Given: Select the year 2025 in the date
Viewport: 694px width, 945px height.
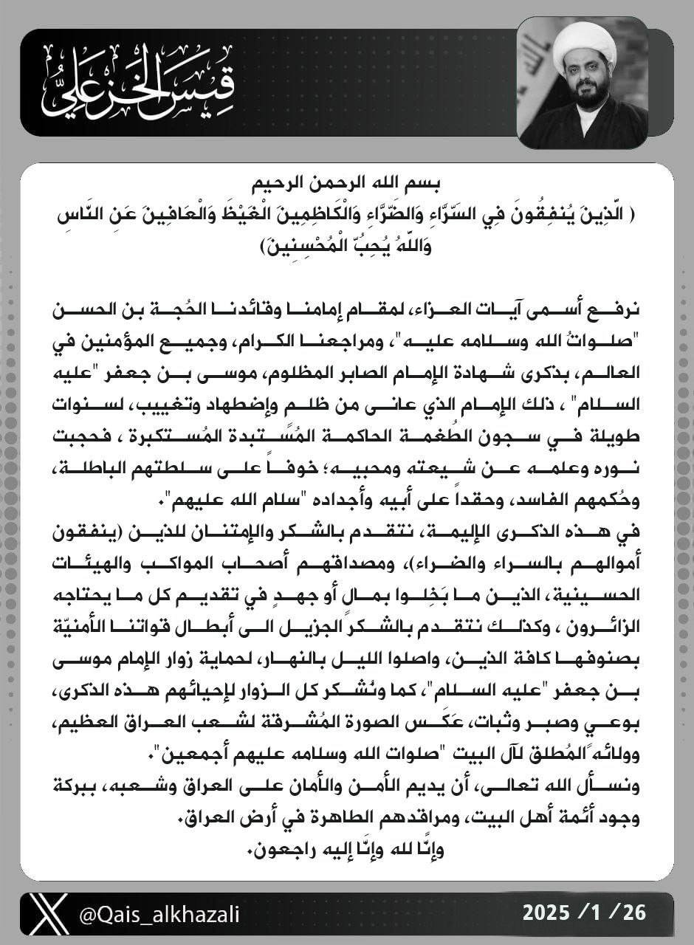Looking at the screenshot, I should click(x=549, y=913).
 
